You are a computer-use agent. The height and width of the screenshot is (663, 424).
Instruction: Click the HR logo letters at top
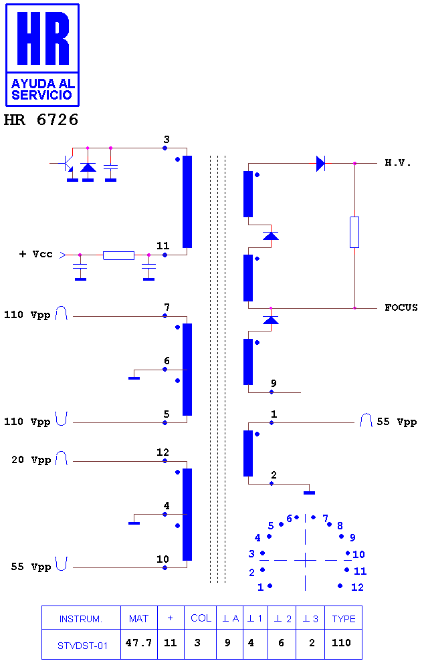click(x=43, y=38)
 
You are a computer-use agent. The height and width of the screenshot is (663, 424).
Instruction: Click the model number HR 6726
click(x=41, y=120)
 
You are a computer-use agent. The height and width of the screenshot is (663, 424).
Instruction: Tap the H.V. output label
click(x=398, y=163)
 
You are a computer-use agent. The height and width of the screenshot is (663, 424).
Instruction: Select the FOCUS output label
click(x=401, y=307)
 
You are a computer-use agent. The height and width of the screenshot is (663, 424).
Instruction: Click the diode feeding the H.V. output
click(x=321, y=163)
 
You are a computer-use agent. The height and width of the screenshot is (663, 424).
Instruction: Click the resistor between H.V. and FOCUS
click(x=354, y=232)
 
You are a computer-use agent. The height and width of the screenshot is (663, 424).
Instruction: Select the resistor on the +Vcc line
click(x=119, y=255)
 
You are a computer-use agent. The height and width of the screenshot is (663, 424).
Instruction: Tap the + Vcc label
click(x=36, y=254)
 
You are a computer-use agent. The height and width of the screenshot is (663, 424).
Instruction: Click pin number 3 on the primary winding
click(x=167, y=140)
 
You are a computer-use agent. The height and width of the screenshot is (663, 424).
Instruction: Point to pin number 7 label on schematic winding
click(x=167, y=307)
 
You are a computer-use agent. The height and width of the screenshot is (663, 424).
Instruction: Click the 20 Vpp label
click(x=31, y=460)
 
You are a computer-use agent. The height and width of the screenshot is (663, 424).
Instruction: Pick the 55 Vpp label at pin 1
click(x=397, y=422)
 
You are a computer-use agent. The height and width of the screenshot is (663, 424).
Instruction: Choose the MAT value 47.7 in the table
click(x=139, y=643)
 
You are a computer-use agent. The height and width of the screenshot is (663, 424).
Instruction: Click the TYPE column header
click(x=344, y=619)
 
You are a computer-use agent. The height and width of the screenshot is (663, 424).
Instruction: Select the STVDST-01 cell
click(x=82, y=646)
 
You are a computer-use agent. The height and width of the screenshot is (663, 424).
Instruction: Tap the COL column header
click(x=201, y=618)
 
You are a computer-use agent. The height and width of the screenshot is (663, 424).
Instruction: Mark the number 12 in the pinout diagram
click(x=357, y=587)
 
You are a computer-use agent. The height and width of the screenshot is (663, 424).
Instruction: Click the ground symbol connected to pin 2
click(x=310, y=493)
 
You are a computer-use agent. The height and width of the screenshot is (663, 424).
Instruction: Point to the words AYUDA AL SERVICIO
click(x=43, y=89)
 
